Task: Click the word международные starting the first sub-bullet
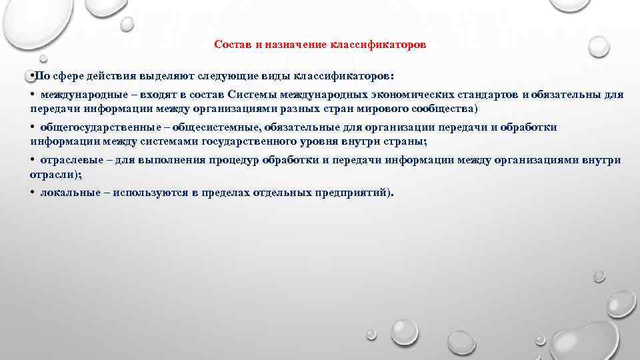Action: pyautogui.click(x=83, y=95)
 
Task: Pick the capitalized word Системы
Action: pyautogui.click(x=250, y=95)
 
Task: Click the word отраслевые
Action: pyautogui.click(x=71, y=160)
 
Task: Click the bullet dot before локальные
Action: pyautogui.click(x=33, y=193)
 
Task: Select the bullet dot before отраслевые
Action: pyautogui.click(x=33, y=160)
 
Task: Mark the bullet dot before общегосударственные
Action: pyautogui.click(x=33, y=127)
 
